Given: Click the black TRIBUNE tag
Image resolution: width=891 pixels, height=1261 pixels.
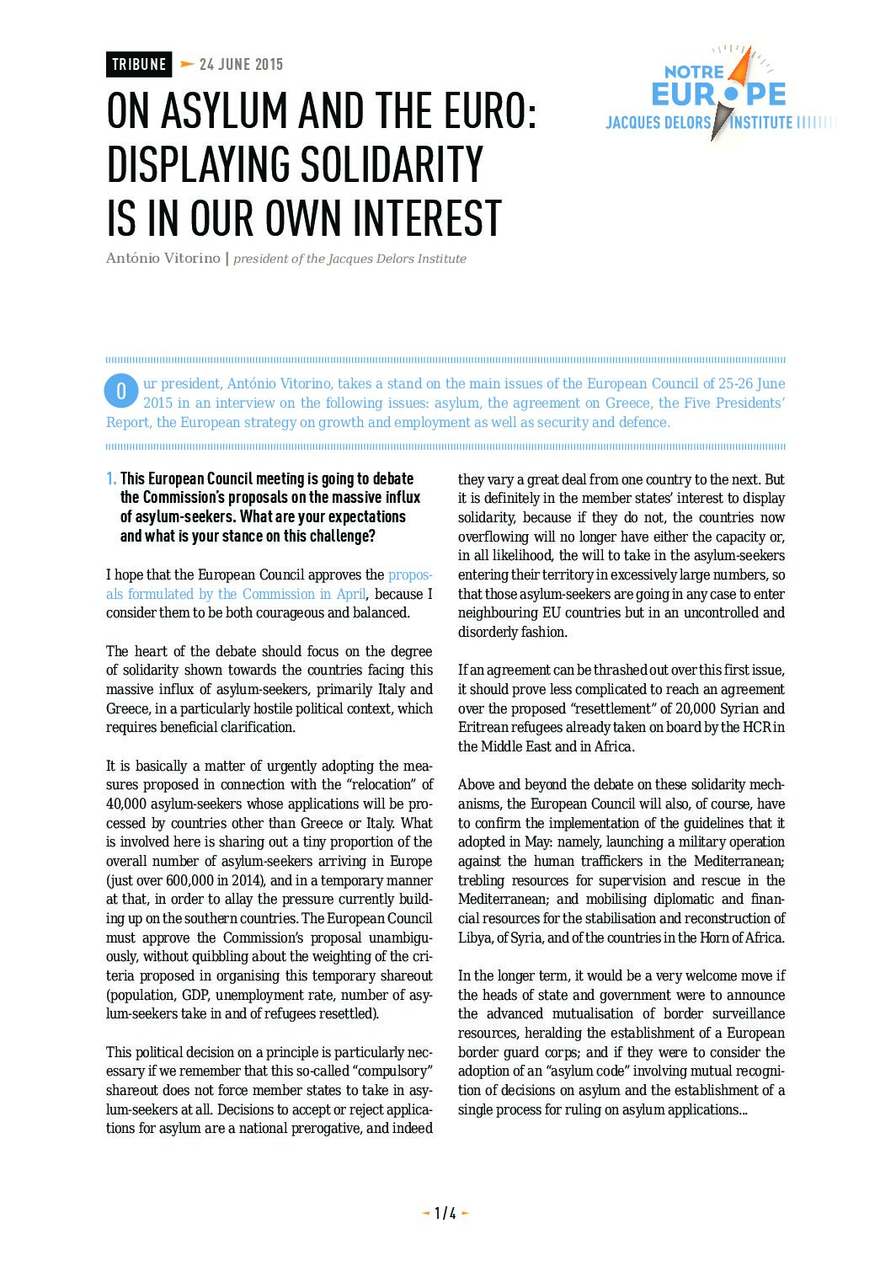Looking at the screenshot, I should tap(139, 65).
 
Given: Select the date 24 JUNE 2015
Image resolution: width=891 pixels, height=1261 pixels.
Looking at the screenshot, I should tap(241, 65).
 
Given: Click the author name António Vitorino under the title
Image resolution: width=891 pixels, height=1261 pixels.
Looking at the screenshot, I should tap(163, 258).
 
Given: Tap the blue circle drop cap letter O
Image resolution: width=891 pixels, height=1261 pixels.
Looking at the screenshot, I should tap(121, 391).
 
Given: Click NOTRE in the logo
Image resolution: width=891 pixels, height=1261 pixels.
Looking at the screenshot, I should tap(694, 72).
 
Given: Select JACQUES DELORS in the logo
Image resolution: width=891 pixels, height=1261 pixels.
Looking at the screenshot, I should tap(658, 123).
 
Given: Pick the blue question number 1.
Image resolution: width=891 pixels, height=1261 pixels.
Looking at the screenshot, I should tap(111, 479).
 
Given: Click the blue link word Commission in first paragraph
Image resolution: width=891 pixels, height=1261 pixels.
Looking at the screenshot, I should tap(278, 594).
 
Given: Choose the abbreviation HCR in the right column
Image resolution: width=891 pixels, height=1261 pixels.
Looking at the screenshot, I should tap(753, 727).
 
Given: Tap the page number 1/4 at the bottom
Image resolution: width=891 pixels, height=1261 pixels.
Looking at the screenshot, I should tap(445, 1213).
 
